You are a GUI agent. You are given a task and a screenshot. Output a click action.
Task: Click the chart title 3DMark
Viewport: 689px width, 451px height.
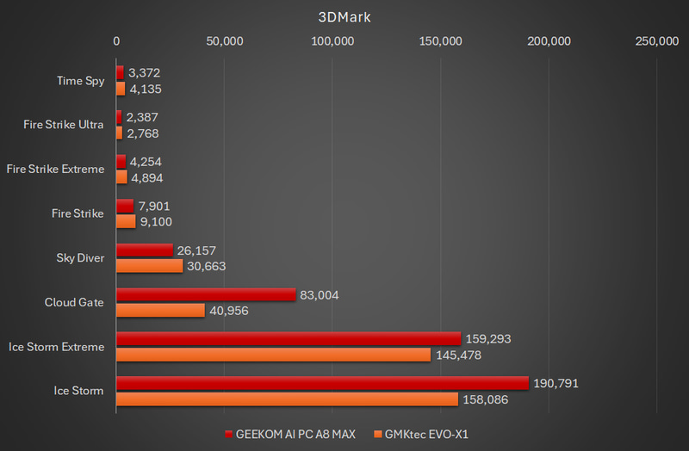pos(344,16)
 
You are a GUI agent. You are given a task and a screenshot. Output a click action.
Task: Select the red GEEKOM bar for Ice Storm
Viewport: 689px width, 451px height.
pos(321,383)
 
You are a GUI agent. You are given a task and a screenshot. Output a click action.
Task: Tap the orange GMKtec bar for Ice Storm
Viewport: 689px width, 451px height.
pos(287,399)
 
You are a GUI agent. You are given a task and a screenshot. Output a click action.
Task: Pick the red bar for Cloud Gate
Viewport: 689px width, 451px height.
pos(205,294)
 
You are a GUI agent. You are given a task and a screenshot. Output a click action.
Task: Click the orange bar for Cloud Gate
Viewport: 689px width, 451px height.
pos(160,311)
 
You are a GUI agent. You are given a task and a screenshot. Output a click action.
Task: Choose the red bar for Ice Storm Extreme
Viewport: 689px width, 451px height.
pos(289,338)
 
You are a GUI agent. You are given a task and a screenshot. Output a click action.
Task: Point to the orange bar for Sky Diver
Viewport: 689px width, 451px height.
pos(149,266)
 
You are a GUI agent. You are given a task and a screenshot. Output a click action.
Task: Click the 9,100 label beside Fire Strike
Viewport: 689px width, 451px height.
pos(157,221)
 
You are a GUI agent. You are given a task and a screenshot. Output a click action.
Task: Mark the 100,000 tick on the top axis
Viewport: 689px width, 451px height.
pos(332,41)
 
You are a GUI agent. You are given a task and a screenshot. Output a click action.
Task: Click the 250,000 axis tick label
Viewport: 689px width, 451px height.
pos(656,41)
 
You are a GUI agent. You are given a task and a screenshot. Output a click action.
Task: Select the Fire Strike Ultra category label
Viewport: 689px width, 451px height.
pos(64,125)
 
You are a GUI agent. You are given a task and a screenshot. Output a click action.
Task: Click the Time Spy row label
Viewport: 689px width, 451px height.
pos(80,81)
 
